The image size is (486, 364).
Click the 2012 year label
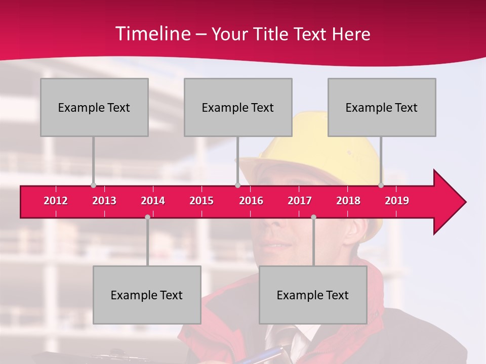tap(56, 201)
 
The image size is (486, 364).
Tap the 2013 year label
tap(104, 201)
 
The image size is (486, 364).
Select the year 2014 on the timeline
tap(153, 201)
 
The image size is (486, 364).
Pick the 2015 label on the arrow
tap(201, 201)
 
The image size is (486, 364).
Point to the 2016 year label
tap(251, 201)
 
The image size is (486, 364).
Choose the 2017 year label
tap(300, 201)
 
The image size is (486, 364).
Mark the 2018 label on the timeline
tap(348, 201)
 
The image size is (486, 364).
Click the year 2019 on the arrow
tap(397, 201)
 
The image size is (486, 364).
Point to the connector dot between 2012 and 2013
tap(93, 186)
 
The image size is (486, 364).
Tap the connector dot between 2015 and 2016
tap(237, 186)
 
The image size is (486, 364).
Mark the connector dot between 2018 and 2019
tap(381, 186)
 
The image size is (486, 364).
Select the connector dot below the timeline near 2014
tap(147, 217)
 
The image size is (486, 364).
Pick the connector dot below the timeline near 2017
tap(313, 217)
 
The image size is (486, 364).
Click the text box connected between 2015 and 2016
tap(238, 107)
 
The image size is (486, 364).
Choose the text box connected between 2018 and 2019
tap(382, 107)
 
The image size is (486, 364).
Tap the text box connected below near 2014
tap(147, 295)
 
